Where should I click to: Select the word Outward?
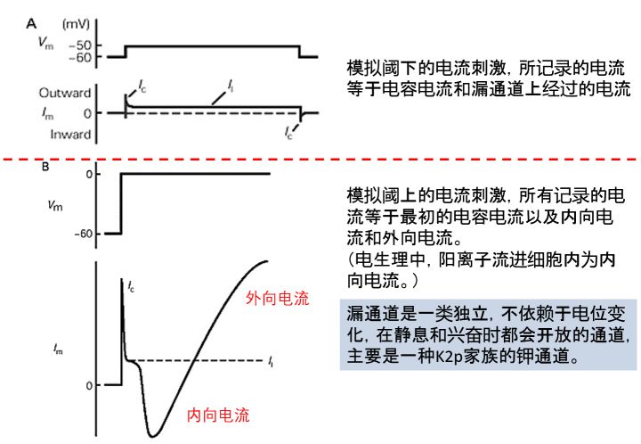coord(64,92)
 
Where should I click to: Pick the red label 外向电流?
coord(277,299)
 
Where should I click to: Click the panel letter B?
coord(33,166)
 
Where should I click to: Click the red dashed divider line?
coord(320,158)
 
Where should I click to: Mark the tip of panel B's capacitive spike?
coord(121,278)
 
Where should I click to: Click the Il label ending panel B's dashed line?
coord(270,361)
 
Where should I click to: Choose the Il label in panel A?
coord(231,86)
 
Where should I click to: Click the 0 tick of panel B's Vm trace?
coord(89,173)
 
